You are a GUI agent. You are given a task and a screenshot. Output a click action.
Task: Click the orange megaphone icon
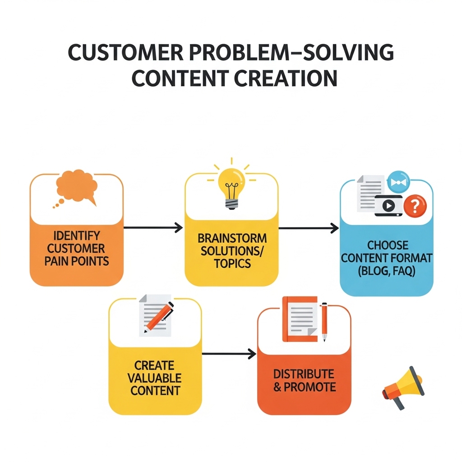click(x=402, y=388)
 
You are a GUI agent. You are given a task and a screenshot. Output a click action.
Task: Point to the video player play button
click(x=388, y=206)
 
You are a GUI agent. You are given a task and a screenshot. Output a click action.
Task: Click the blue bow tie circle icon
click(x=397, y=181)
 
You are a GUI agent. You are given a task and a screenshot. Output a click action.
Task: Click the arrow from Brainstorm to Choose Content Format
click(x=309, y=228)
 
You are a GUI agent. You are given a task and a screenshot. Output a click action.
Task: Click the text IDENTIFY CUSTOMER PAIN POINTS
click(x=77, y=248)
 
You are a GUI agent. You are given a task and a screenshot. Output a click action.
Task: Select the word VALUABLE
click(x=155, y=378)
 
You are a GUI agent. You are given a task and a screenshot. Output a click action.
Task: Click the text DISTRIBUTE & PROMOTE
click(x=304, y=380)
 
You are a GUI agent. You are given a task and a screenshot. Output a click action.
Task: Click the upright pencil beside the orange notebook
click(x=324, y=321)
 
